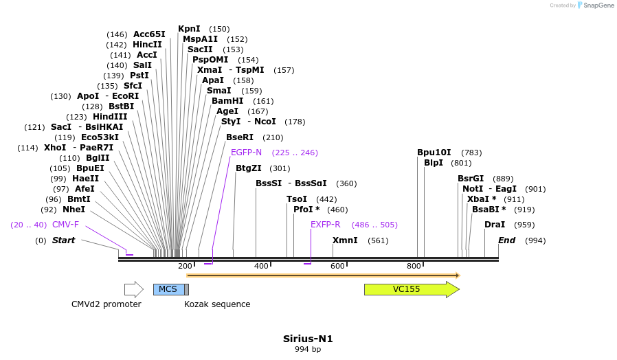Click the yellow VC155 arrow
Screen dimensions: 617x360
pos(412,289)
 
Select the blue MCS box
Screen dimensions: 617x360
pos(169,289)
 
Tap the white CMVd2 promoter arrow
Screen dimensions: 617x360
pos(134,289)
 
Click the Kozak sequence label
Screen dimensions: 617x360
pos(217,304)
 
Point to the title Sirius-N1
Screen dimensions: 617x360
pos(308,339)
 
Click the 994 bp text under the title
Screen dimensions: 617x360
pos(308,349)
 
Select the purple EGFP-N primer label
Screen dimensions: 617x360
pos(247,153)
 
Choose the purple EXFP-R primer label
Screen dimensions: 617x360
pos(326,224)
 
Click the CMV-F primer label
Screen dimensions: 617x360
pos(65,224)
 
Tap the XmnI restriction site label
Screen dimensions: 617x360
pos(345,240)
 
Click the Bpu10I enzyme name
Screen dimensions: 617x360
pos(434,153)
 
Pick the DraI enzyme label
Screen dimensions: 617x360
pos(495,224)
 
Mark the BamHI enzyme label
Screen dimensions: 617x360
pos(227,101)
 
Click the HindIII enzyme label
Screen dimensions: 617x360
pos(110,117)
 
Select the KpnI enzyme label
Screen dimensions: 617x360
pos(189,29)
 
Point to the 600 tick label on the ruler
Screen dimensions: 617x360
pos(337,266)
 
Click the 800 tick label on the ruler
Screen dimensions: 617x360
pos(414,266)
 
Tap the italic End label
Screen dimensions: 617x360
pos(507,240)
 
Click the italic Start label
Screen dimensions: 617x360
pos(63,240)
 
